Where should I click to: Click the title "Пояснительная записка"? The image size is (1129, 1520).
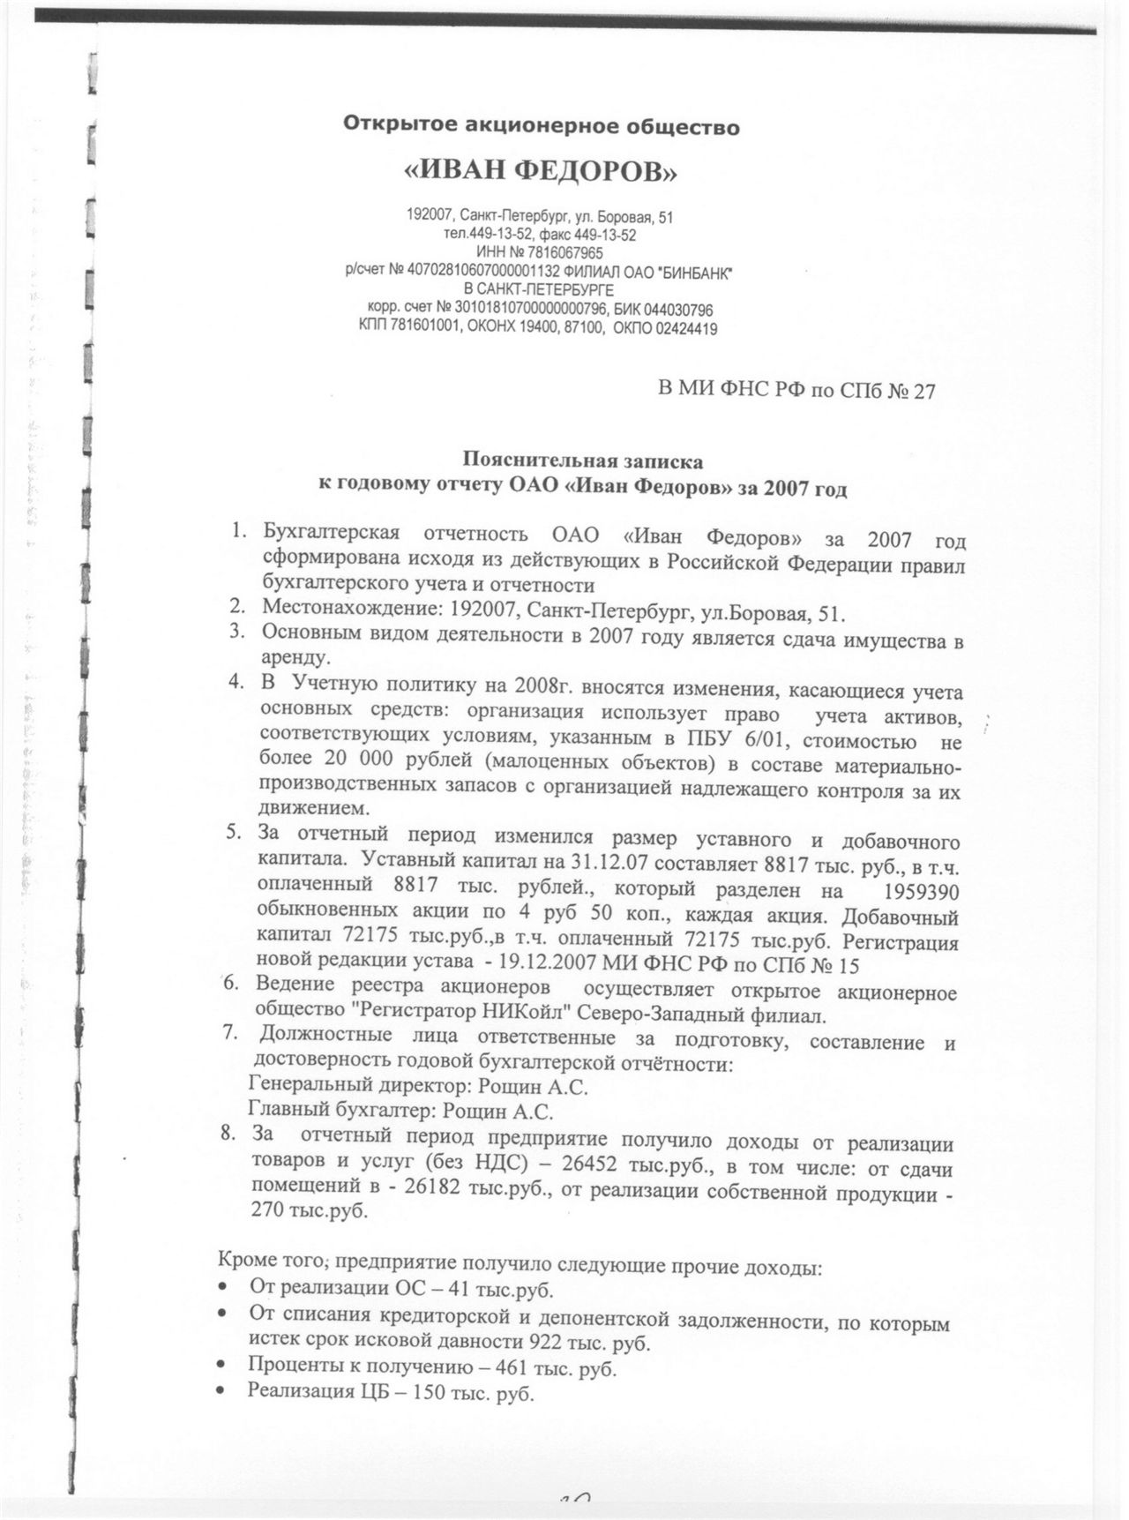[x=583, y=460]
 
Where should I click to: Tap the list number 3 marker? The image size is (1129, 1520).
[x=236, y=632]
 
